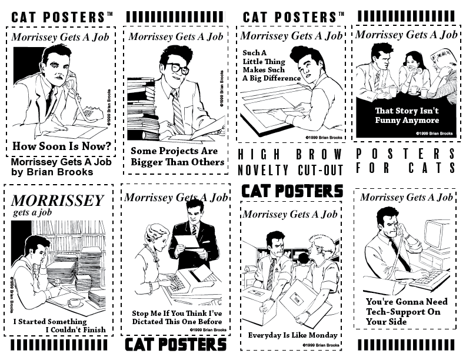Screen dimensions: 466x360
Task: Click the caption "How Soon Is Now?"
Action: point(62,146)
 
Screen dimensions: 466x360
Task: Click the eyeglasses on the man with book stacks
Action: point(177,68)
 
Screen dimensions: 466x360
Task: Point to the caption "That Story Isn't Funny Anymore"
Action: point(407,115)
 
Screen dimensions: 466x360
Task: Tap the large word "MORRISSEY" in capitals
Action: point(57,201)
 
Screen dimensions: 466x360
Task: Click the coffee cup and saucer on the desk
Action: point(75,303)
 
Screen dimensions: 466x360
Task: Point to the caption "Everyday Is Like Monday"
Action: point(293,335)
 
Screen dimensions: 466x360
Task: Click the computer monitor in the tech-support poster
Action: point(436,235)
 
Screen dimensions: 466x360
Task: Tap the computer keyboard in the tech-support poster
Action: point(430,278)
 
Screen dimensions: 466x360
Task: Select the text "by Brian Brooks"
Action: point(52,172)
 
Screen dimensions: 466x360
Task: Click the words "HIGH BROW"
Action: point(290,155)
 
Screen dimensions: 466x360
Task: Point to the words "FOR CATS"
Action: point(405,168)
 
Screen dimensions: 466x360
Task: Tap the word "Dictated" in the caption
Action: point(146,322)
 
